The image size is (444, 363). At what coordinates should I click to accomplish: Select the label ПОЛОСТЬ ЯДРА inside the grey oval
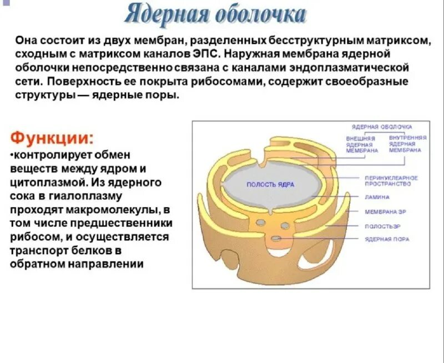(x=270, y=184)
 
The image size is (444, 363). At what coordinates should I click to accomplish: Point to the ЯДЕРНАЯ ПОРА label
(x=387, y=239)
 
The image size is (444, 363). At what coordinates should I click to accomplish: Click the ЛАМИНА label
(x=377, y=197)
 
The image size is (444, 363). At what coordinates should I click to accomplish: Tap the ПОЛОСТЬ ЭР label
(x=382, y=226)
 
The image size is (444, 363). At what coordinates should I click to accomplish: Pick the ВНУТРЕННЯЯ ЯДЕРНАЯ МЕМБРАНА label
(x=407, y=143)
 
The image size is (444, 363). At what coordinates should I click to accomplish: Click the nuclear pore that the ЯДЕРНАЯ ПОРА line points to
(x=276, y=238)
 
